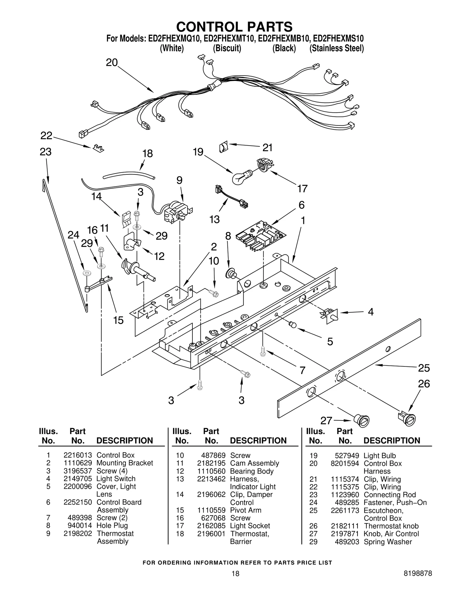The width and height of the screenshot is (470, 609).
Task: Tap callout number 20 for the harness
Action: point(112,63)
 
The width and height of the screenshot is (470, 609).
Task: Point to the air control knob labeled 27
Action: point(361,420)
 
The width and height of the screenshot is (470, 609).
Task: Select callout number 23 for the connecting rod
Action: point(46,152)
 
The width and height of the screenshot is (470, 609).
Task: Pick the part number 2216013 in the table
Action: point(78,455)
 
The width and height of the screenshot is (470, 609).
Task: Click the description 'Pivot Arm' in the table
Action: point(246,510)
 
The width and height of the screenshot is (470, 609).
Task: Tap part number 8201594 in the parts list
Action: point(345,463)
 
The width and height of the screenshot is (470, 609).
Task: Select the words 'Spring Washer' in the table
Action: point(388,542)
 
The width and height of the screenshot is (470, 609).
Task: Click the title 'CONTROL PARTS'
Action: point(234,27)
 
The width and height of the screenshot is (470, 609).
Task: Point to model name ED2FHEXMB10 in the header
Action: point(284,39)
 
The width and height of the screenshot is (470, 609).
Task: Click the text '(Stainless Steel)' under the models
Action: point(337,48)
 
